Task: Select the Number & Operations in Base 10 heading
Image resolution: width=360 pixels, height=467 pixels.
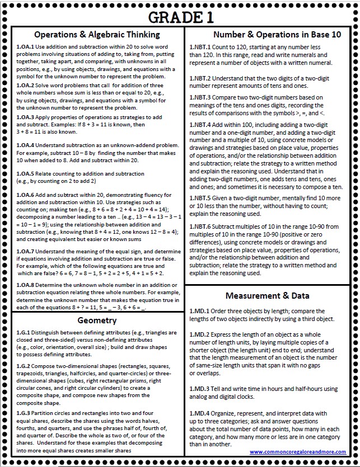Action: pyautogui.click(x=270, y=34)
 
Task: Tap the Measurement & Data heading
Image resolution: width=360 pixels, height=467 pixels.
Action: pyautogui.click(x=267, y=295)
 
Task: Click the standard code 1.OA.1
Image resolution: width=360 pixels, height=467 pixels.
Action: pyautogui.click(x=25, y=46)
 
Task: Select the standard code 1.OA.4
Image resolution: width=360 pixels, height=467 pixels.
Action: pyautogui.click(x=25, y=145)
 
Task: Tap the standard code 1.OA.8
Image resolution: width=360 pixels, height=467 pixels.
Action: pyautogui.click(x=25, y=284)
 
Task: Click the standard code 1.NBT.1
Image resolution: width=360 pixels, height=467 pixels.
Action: pyautogui.click(x=200, y=47)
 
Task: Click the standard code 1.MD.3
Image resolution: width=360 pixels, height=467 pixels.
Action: pyautogui.click(x=199, y=389)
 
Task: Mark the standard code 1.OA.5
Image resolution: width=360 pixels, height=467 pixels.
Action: pyautogui.click(x=25, y=174)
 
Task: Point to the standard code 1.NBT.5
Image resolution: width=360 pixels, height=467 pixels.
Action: pyautogui.click(x=200, y=198)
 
